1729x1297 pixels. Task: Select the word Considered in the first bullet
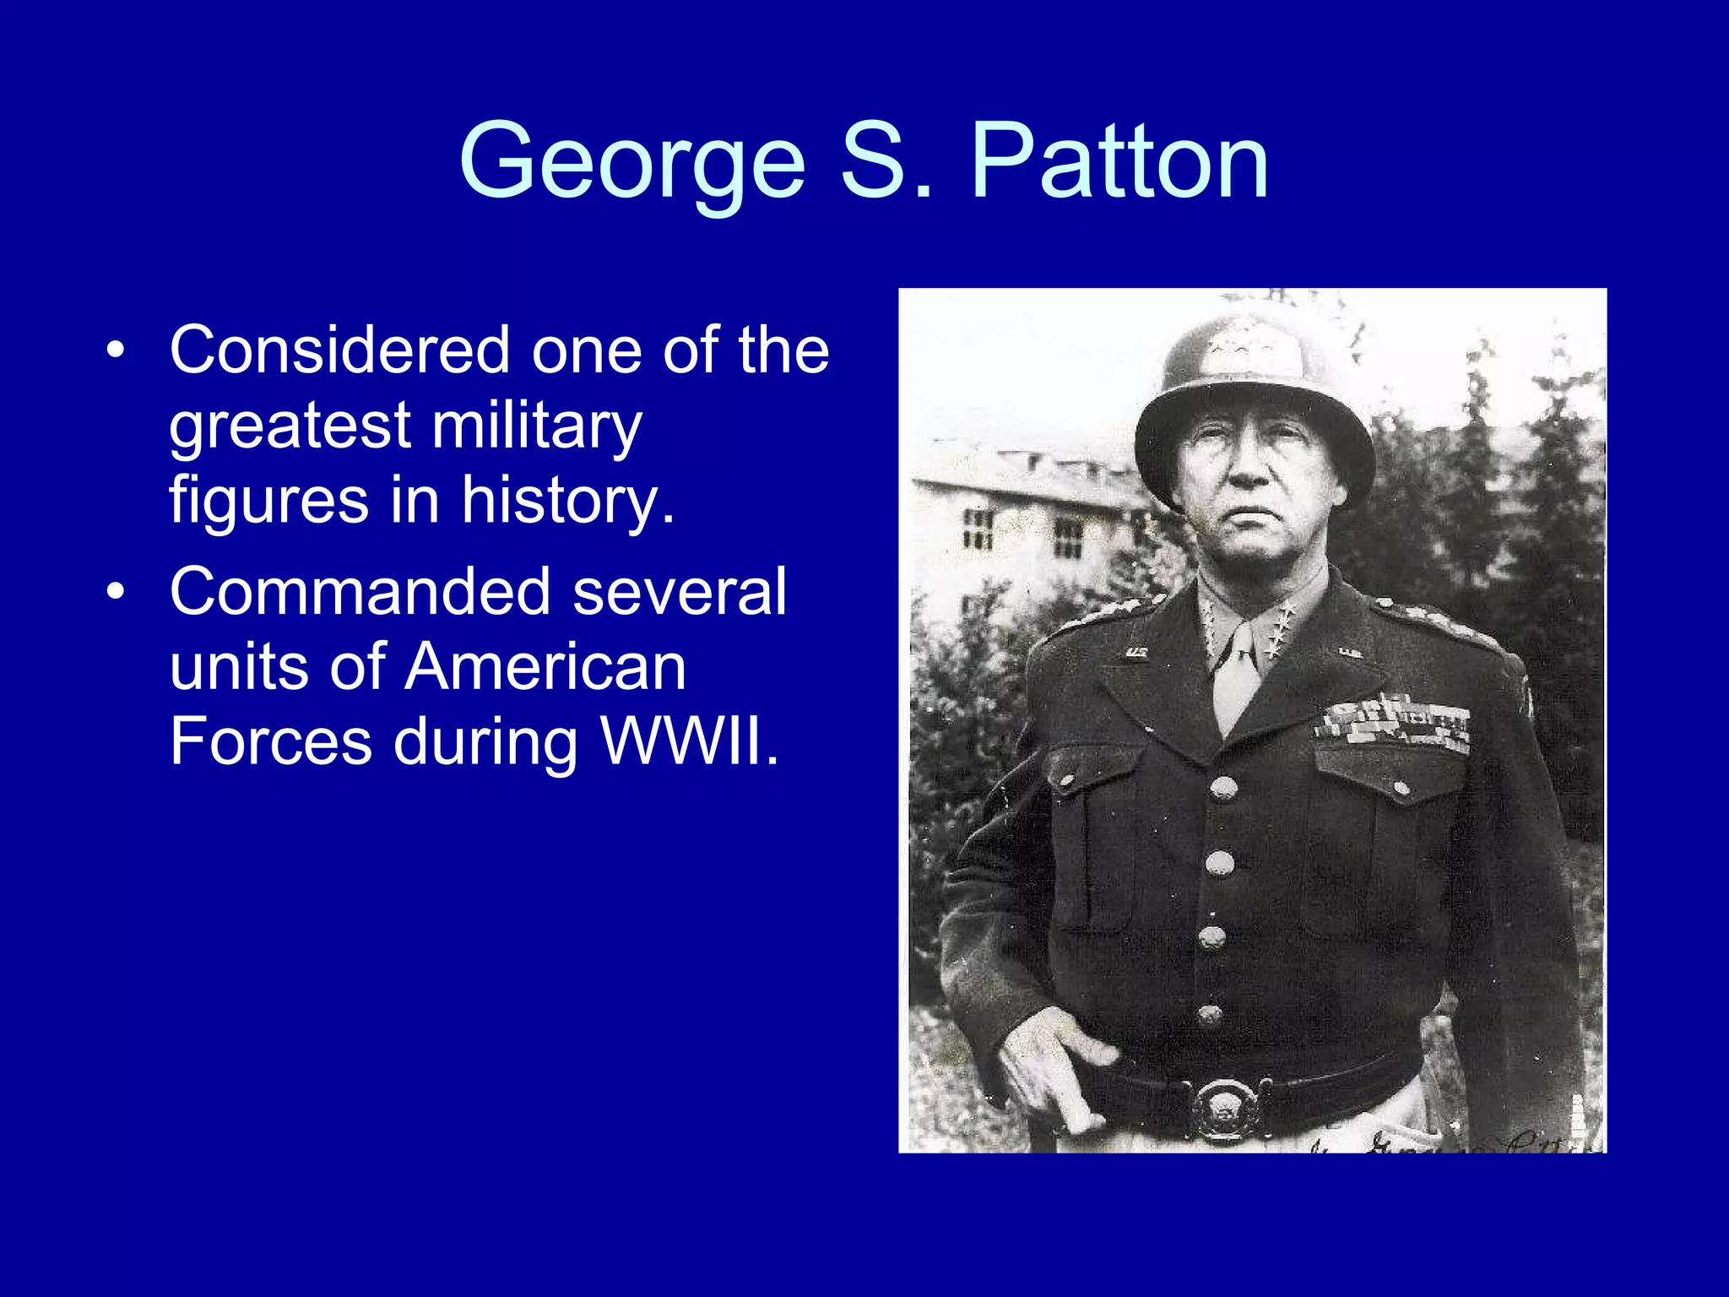[339, 350]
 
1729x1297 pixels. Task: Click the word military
[537, 426]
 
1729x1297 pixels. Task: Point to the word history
[567, 500]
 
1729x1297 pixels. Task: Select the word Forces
[271, 741]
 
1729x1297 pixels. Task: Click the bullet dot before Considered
[116, 350]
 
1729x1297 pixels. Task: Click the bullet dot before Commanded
[116, 592]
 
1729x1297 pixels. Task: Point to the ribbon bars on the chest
[1394, 723]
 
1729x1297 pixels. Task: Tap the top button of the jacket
[1223, 789]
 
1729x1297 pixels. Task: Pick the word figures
[268, 500]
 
